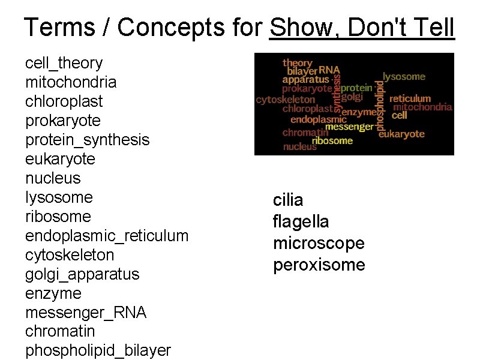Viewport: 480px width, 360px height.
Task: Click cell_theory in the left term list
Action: (64, 63)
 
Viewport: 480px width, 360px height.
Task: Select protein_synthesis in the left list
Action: (87, 140)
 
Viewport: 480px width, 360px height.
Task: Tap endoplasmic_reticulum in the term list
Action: (106, 236)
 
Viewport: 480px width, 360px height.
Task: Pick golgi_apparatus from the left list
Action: (82, 274)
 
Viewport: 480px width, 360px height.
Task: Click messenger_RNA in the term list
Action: (85, 313)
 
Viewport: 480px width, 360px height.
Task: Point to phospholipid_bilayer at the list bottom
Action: (98, 350)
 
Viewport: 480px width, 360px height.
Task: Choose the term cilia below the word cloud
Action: (288, 200)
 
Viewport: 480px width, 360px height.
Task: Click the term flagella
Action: (301, 221)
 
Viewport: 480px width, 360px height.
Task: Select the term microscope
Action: (319, 243)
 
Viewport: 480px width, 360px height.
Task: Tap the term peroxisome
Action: (319, 265)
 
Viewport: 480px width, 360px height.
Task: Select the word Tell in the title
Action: (433, 28)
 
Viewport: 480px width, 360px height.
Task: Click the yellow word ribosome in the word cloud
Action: (332, 141)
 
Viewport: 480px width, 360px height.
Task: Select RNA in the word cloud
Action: (329, 70)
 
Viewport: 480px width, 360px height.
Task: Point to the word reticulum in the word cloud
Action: (410, 98)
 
